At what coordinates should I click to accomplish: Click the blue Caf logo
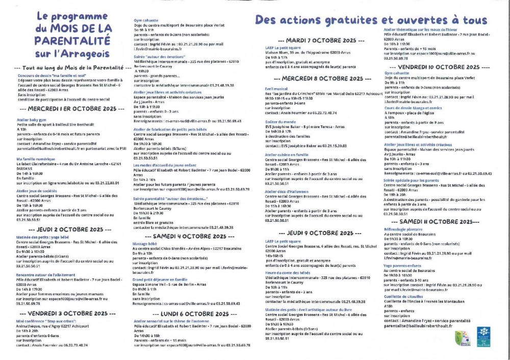483,337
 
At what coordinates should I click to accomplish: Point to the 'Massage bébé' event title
144,244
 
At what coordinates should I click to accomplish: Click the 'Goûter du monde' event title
280,122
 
